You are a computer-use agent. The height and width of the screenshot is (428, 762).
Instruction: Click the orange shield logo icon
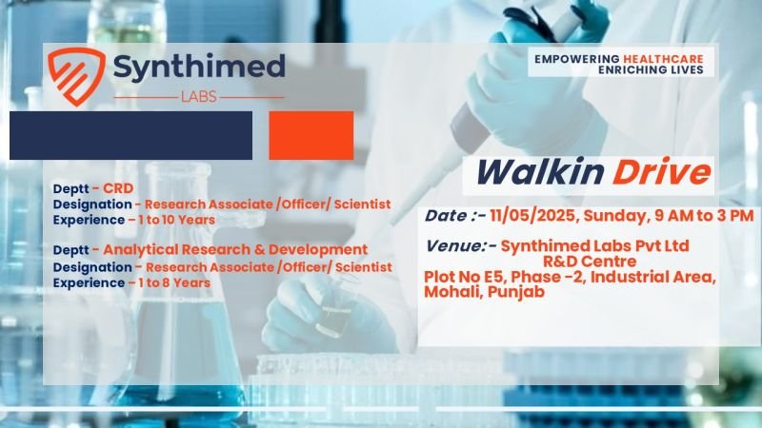coord(76,76)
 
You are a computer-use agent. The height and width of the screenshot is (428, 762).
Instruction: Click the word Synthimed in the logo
coord(199,67)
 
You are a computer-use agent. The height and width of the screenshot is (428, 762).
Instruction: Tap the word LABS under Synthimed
coord(199,97)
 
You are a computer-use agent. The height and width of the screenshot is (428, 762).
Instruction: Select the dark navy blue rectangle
coord(130,135)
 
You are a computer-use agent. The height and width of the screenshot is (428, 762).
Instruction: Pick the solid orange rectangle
coord(311,135)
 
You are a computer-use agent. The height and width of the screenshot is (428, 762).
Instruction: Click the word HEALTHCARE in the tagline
coord(663,59)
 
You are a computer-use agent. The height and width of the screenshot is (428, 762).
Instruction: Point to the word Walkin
coord(539,173)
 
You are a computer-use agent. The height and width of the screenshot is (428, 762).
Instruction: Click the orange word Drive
coord(661,173)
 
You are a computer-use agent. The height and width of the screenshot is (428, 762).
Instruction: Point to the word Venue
coord(454,246)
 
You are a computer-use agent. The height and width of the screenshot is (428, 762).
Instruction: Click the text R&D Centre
coord(590,261)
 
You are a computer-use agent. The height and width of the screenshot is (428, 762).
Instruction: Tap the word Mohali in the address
coord(453,292)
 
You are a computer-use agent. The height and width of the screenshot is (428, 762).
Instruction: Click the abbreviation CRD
coord(118,188)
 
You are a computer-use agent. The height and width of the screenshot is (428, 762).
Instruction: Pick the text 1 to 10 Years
coord(176,220)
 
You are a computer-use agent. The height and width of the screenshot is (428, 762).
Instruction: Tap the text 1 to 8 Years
coord(174,282)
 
